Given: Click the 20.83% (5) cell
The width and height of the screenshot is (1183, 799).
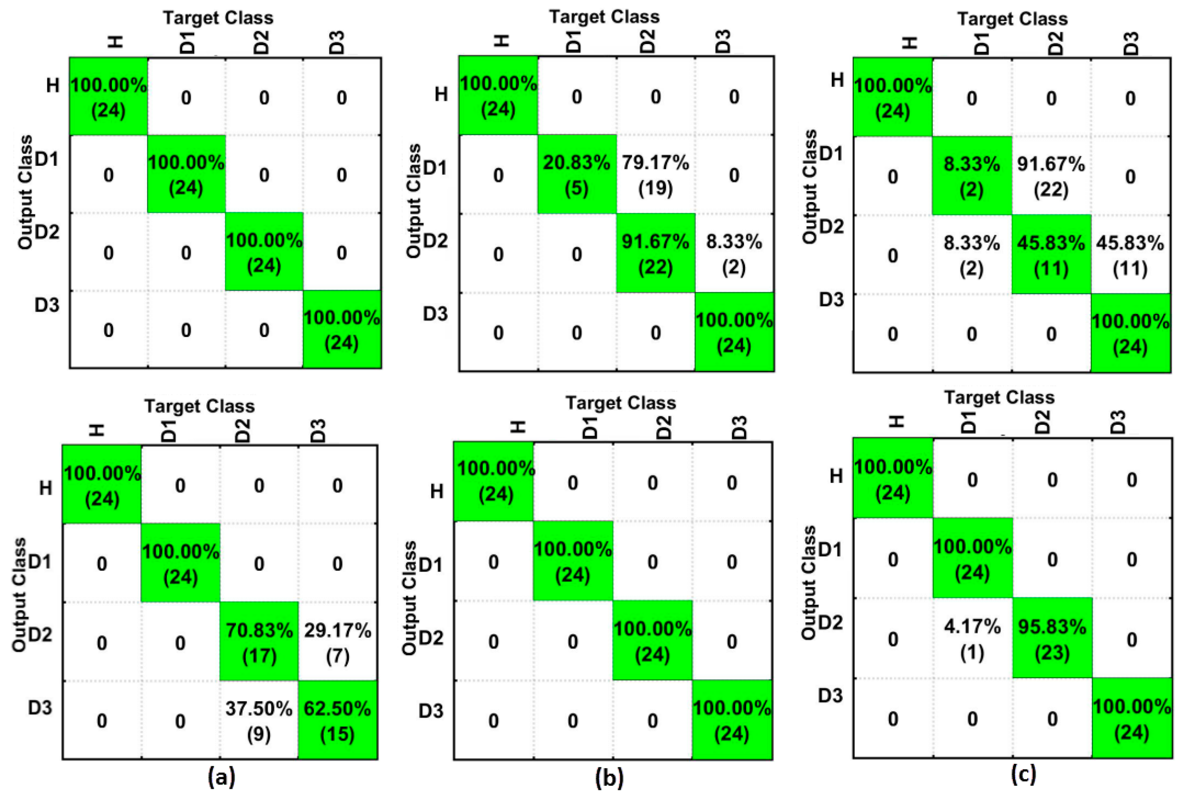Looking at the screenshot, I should coord(576,175).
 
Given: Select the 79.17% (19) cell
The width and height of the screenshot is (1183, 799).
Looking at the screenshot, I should coord(655,175).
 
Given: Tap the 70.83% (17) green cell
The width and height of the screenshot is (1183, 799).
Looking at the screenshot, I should coord(259,642).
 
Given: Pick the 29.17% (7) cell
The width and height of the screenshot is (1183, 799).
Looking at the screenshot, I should coord(338,642).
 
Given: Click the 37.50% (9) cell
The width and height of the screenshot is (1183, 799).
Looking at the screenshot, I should coord(259,720).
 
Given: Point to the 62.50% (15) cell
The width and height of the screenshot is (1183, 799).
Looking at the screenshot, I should coord(338,720).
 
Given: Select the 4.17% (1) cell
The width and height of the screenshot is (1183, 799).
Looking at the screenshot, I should coord(972,639).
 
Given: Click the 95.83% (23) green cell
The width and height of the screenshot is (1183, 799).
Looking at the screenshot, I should coord(1052,639).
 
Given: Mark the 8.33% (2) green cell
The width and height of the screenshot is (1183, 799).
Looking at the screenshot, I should coord(971,176).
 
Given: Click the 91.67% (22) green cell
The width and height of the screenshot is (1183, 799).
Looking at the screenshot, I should coord(655,253).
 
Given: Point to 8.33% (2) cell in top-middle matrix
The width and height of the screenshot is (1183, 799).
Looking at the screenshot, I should coord(733,253).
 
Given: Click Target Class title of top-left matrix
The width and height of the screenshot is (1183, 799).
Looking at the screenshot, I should coord(218,18).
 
